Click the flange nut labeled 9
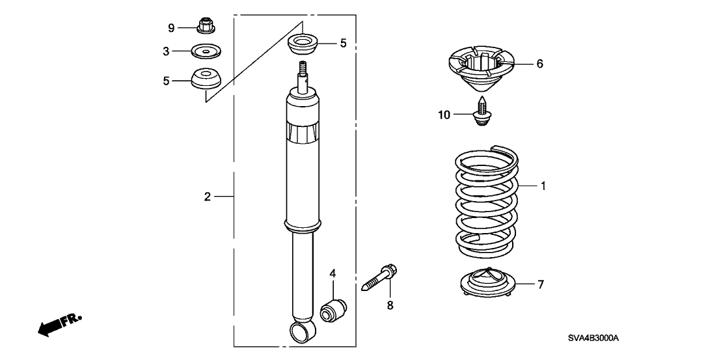[206, 27]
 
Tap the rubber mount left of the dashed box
[206, 79]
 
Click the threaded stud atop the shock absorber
[302, 69]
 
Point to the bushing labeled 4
[336, 308]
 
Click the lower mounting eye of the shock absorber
[303, 333]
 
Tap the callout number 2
[208, 196]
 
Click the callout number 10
[444, 115]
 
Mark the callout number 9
[171, 27]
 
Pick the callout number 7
[541, 284]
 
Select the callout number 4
[332, 274]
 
